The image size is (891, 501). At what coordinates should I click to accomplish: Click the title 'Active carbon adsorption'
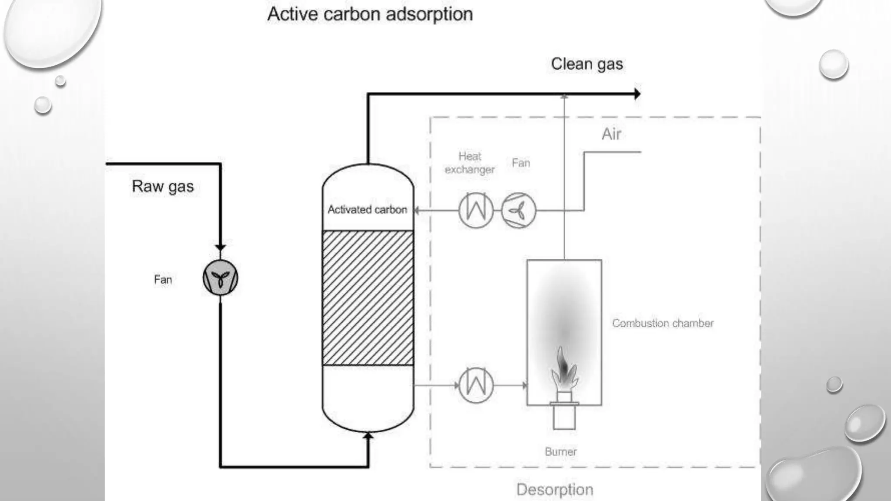[x=370, y=14]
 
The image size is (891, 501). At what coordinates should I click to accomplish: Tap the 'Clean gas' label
[x=586, y=64]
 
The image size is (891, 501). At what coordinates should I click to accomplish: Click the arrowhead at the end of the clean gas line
[x=637, y=94]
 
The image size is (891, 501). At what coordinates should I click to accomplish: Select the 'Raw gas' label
[x=163, y=186]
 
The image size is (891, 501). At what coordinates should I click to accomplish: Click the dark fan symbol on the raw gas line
[x=221, y=278]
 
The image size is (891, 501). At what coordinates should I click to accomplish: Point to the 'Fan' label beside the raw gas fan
[x=163, y=280]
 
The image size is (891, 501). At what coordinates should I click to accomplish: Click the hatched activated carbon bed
[x=368, y=298]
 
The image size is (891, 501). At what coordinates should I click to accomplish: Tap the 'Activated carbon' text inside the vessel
[x=368, y=210]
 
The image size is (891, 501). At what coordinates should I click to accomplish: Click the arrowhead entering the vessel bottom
[x=368, y=435]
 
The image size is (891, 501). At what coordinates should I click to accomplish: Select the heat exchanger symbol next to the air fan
[x=476, y=210]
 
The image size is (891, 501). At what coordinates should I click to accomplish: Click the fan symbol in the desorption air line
[x=518, y=210]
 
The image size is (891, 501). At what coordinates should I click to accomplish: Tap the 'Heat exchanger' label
[x=470, y=163]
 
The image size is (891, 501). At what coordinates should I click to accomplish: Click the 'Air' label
[x=611, y=134]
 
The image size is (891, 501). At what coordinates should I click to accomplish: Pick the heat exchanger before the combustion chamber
[x=476, y=385]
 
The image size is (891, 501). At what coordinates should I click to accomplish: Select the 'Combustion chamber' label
[x=663, y=323]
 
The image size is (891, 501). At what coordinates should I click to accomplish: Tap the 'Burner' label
[x=561, y=451]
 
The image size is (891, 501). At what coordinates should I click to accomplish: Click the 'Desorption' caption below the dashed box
[x=555, y=490]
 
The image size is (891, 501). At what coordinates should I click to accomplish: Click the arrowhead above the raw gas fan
[x=221, y=247]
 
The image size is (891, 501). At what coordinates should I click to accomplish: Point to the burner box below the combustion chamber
[x=564, y=417]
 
